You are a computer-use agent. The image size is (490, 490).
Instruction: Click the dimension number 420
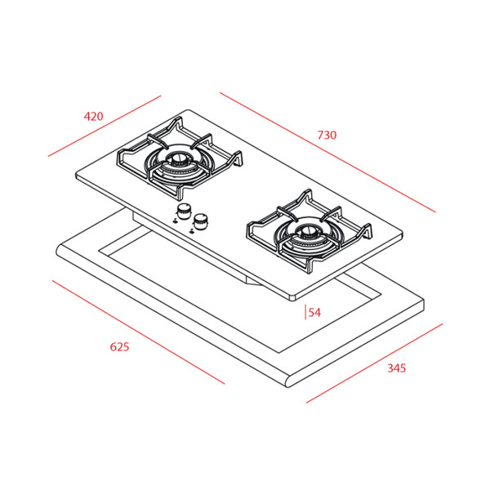click(93, 116)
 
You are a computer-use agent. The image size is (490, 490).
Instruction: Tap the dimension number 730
click(327, 135)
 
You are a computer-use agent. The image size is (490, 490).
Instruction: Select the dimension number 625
click(119, 347)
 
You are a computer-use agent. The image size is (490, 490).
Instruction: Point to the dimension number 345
click(397, 368)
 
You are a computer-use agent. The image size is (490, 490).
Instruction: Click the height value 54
click(314, 313)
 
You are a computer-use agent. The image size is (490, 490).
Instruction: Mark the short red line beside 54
click(305, 312)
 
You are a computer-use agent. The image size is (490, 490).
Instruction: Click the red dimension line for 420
click(105, 126)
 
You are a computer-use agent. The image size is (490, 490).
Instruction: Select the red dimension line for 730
click(327, 152)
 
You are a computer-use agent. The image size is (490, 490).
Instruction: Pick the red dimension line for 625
click(139, 332)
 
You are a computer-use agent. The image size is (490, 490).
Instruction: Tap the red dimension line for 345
click(374, 363)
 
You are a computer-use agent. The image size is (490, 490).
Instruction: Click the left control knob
click(184, 211)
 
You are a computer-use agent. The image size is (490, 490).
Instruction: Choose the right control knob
click(200, 221)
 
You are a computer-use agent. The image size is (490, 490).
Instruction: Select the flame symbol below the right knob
click(192, 231)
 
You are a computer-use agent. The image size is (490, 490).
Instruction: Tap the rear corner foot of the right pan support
click(308, 195)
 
